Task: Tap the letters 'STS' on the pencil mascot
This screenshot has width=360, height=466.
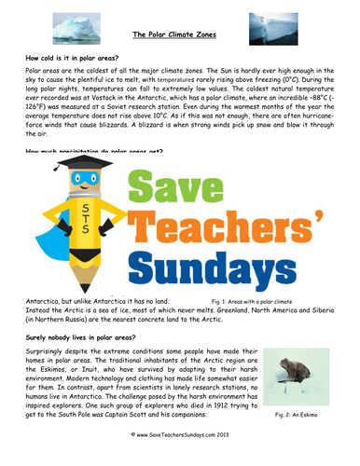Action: [x=87, y=220]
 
